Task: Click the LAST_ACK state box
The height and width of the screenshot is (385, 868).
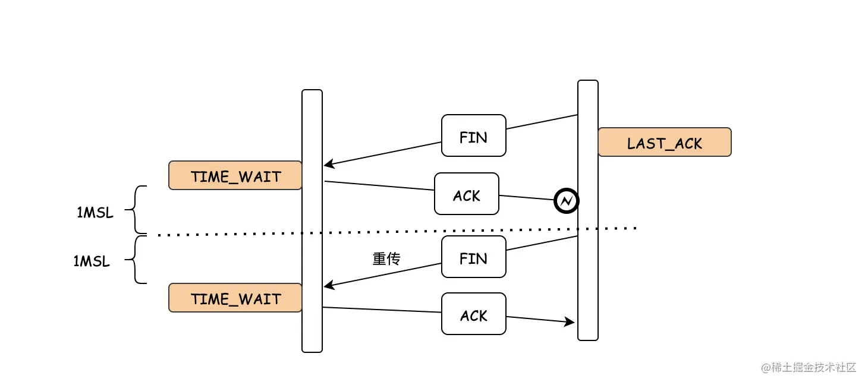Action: tap(665, 142)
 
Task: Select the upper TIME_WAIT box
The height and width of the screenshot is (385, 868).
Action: tap(235, 175)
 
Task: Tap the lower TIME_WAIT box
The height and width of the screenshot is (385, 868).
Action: tap(235, 298)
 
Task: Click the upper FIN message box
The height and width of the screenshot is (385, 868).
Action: tap(473, 135)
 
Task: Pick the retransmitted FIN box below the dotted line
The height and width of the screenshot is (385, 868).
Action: tap(473, 257)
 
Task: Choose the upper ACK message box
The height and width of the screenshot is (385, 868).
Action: tap(467, 194)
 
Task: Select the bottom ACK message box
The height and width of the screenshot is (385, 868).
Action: tap(473, 314)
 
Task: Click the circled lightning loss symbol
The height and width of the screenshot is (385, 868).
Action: tap(566, 201)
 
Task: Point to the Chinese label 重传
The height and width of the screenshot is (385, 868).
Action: tap(386, 258)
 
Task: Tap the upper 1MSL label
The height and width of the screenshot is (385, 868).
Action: tap(95, 213)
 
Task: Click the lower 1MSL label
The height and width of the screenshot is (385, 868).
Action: tap(92, 261)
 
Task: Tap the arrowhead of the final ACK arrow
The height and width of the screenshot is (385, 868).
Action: tap(570, 321)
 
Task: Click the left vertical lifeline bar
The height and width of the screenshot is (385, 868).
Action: tap(312, 221)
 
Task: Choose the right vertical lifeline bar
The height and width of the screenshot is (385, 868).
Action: tap(588, 210)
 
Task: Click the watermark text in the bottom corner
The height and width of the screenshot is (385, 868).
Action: tap(809, 367)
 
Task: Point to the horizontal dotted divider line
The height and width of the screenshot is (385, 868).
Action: tap(397, 232)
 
